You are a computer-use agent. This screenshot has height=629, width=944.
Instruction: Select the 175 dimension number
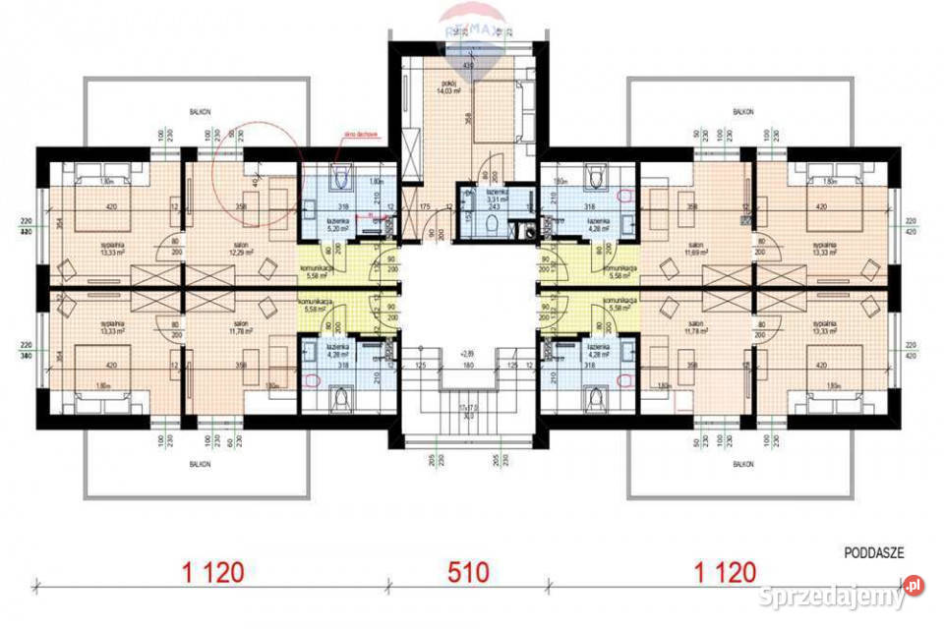(x=425, y=207)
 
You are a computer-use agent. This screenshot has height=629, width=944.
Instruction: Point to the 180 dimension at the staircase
(x=470, y=366)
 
